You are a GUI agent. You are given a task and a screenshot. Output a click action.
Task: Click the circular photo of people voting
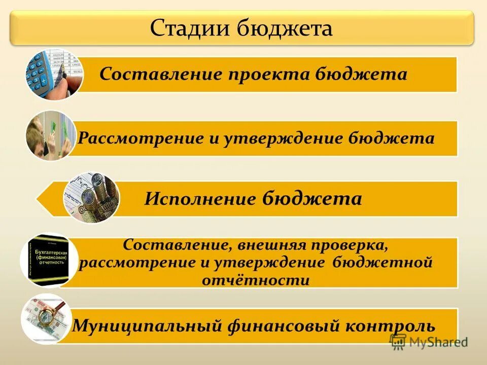click(x=51, y=135)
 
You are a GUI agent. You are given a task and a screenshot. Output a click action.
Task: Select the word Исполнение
click(x=200, y=198)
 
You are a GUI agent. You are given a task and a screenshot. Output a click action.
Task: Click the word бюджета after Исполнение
click(x=312, y=198)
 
